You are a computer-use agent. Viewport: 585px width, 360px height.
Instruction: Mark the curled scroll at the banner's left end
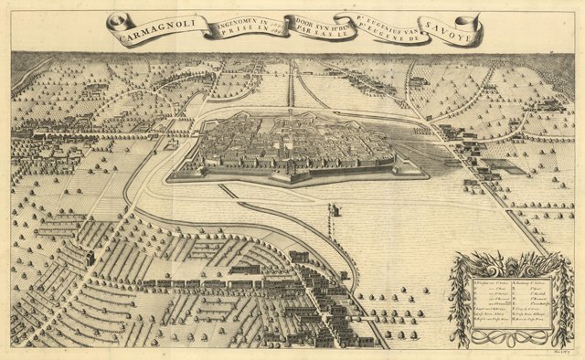point(112,24)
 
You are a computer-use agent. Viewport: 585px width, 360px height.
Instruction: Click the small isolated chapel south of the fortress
point(334,210)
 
